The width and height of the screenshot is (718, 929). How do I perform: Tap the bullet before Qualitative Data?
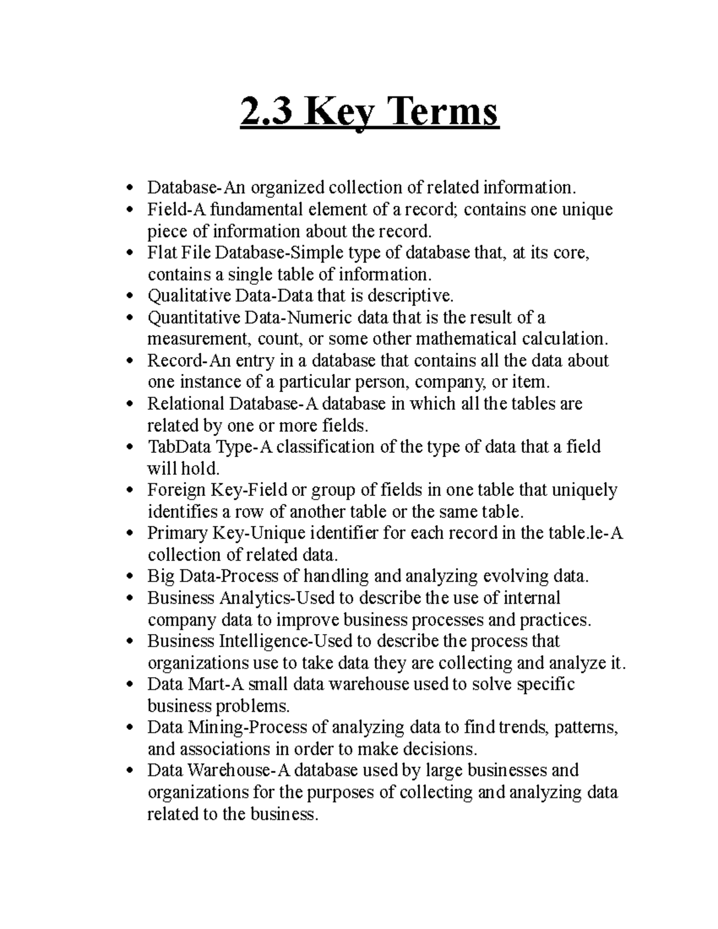point(131,296)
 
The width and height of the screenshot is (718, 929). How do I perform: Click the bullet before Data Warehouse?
point(131,770)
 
